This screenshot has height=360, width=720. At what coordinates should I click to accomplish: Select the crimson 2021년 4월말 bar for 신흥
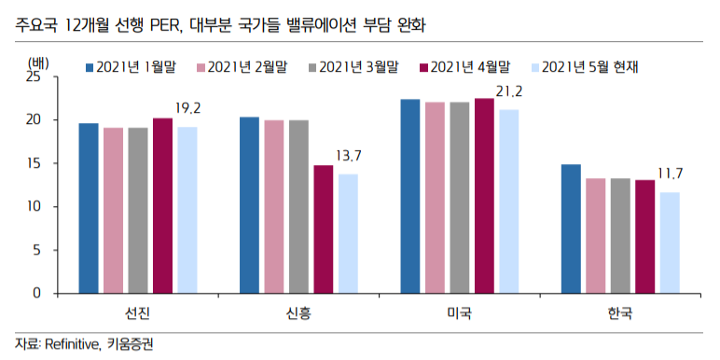pos(323,229)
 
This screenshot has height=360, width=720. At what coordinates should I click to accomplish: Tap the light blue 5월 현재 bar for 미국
pos(508,201)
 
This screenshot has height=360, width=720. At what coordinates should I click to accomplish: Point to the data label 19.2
pos(188,109)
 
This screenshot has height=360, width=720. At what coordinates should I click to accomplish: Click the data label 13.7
pos(349,156)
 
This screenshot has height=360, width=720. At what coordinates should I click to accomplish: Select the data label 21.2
pos(509,91)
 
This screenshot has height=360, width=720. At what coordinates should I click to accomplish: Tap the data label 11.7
pos(671,173)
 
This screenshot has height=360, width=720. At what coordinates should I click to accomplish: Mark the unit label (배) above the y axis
pos(39,62)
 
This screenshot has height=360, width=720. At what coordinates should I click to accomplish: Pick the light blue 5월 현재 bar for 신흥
pos(348,234)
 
